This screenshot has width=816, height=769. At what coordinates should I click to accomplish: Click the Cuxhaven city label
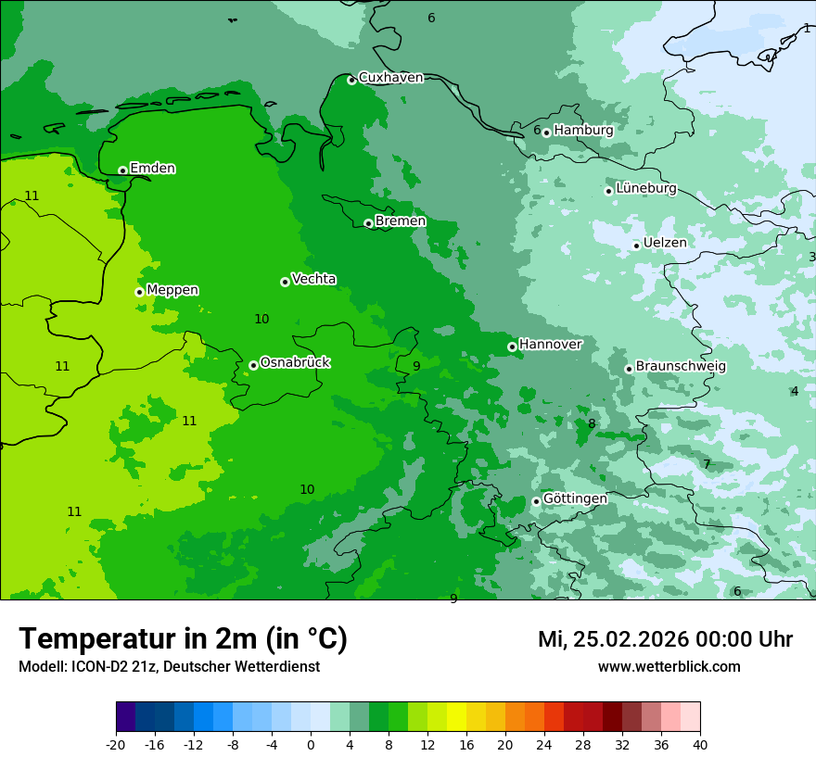(x=390, y=78)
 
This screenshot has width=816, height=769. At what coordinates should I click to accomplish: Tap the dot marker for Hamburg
(x=547, y=132)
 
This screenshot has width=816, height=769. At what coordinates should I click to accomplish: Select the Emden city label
(x=152, y=169)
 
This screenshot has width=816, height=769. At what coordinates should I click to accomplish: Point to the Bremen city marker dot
(x=368, y=223)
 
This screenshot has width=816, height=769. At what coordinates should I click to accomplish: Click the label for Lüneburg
(x=645, y=188)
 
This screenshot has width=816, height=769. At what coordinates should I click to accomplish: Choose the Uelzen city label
(x=665, y=243)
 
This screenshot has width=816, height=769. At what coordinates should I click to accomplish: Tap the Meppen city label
(x=172, y=290)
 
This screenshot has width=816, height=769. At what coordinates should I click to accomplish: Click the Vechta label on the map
(x=313, y=279)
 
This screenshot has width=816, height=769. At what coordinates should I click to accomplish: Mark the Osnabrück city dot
(x=253, y=365)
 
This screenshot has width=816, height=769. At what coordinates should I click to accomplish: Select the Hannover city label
(x=550, y=345)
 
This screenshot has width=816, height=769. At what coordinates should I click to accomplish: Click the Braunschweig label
(x=681, y=367)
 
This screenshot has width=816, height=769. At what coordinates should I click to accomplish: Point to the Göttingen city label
(x=575, y=498)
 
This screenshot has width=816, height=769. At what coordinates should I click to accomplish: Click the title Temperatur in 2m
(x=183, y=639)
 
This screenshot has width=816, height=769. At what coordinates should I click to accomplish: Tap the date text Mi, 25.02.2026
(x=613, y=639)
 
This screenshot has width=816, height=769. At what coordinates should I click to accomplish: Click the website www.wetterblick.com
(x=669, y=667)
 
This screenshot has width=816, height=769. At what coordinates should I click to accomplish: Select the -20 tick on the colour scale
(x=116, y=745)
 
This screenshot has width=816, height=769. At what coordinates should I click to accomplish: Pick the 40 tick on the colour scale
(x=700, y=745)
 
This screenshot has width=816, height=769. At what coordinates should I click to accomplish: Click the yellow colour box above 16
(x=466, y=717)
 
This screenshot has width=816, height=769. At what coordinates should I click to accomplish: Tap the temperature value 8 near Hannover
(x=592, y=424)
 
